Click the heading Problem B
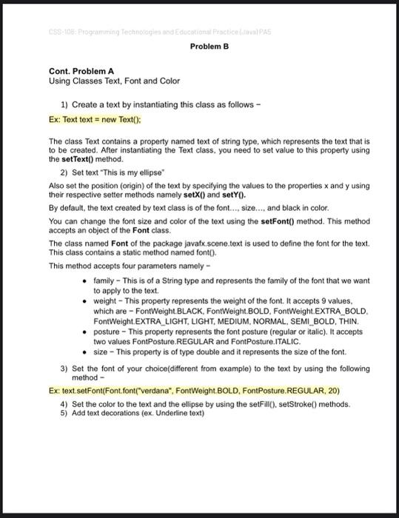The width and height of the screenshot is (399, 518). click(x=209, y=46)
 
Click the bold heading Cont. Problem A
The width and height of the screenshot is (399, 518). click(x=81, y=71)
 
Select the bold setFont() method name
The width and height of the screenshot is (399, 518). click(x=282, y=221)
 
